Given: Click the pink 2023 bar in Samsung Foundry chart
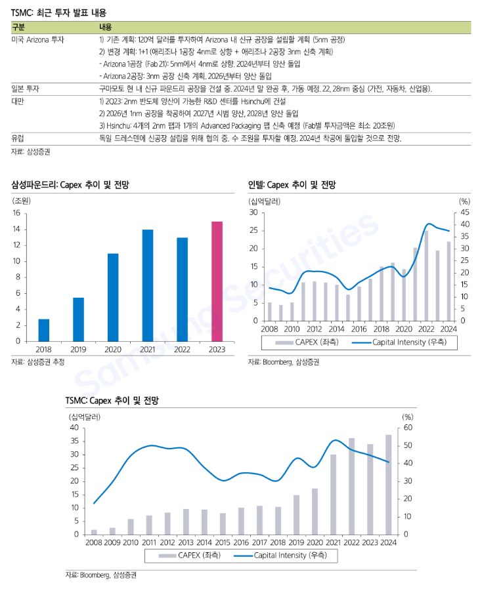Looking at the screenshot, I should point(217,281).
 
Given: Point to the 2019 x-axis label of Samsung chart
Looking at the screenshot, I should point(78,350).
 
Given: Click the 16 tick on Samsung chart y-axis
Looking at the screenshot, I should point(17,213).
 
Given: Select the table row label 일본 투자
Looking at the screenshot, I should point(26,88).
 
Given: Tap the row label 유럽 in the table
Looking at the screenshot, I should point(18,138).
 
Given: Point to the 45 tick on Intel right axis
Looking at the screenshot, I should point(464,213).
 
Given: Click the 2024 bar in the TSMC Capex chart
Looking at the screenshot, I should point(389,484).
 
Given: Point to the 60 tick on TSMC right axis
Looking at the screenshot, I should point(407,428).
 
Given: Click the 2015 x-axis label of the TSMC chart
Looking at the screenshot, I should point(223,542).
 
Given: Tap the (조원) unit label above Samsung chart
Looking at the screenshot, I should point(22,200).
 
